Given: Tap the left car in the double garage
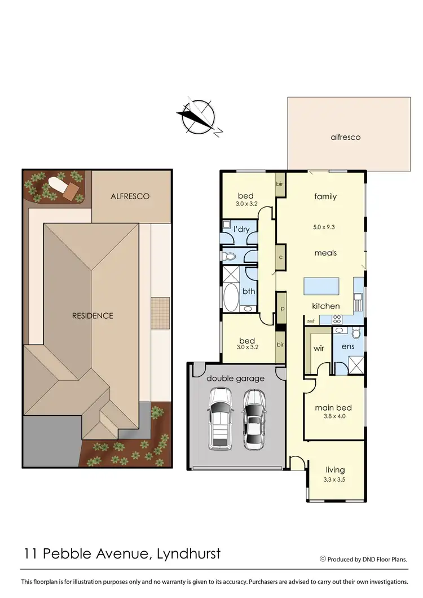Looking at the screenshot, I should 220,419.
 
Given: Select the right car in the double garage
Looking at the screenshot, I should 254,419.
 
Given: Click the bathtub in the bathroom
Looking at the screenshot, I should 231,297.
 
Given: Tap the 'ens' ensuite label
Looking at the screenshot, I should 348,346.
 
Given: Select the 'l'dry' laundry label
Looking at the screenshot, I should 241,230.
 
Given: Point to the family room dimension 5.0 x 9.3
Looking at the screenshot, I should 325,227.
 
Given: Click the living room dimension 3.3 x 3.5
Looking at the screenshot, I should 335,479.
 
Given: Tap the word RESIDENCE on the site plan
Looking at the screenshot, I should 92,315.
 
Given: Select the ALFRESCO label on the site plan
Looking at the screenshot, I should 131,196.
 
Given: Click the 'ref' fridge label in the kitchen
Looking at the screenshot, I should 311,321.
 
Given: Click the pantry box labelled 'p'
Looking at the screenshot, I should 281,309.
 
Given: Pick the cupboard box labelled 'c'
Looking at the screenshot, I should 280,257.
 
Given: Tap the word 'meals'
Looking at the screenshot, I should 325,253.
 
